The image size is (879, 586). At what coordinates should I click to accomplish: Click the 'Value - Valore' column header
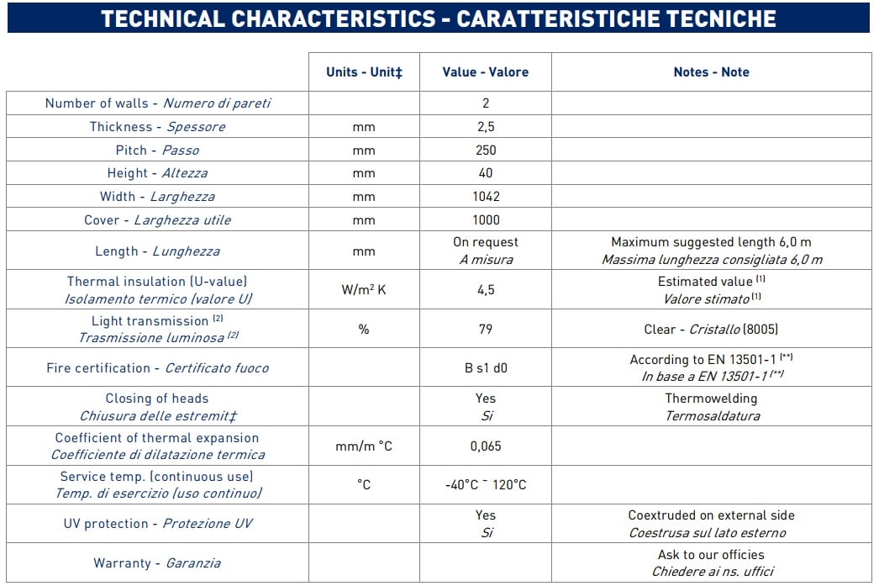tap(485, 72)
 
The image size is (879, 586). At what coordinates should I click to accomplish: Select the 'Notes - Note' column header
tap(711, 72)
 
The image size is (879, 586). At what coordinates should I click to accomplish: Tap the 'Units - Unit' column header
tap(364, 72)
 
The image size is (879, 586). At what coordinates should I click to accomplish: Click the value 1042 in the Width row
tap(485, 197)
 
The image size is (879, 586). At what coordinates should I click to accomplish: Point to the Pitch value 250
tap(485, 150)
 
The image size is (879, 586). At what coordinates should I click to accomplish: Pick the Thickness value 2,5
tap(485, 127)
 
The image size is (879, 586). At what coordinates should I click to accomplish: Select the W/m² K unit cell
tap(364, 290)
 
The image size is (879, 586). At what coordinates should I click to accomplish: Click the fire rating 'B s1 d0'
tap(485, 368)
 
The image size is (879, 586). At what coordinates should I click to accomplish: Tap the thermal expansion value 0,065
tap(485, 446)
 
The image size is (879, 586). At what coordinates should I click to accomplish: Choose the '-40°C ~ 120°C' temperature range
tap(485, 485)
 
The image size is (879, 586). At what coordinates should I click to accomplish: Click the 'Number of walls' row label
tap(158, 103)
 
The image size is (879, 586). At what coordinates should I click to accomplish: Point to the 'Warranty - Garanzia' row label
tap(157, 563)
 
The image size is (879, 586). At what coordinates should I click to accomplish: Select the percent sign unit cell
tap(364, 330)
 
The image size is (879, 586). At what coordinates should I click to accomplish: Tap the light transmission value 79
tap(485, 330)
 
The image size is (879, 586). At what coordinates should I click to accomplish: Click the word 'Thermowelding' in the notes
tap(711, 399)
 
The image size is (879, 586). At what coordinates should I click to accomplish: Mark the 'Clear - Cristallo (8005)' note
tap(711, 330)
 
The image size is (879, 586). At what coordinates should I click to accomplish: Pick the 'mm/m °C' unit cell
tap(364, 446)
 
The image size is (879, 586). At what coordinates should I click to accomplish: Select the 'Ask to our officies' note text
tap(711, 555)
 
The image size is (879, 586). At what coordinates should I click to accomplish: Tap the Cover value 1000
tap(485, 220)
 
